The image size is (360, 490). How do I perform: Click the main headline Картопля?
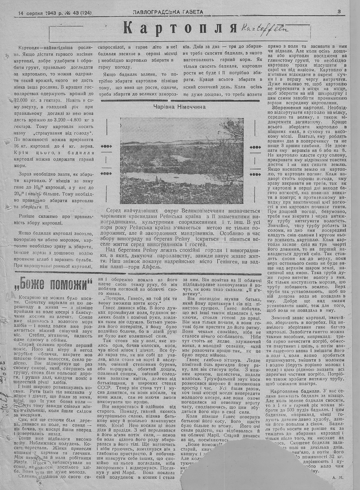click(x=179, y=28)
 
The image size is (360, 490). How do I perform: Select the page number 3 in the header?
click(x=339, y=12)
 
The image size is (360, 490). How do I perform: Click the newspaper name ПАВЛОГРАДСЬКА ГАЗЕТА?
click(x=168, y=12)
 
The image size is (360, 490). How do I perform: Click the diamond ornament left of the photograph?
click(x=107, y=146)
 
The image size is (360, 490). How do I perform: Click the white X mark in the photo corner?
click(x=239, y=199)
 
